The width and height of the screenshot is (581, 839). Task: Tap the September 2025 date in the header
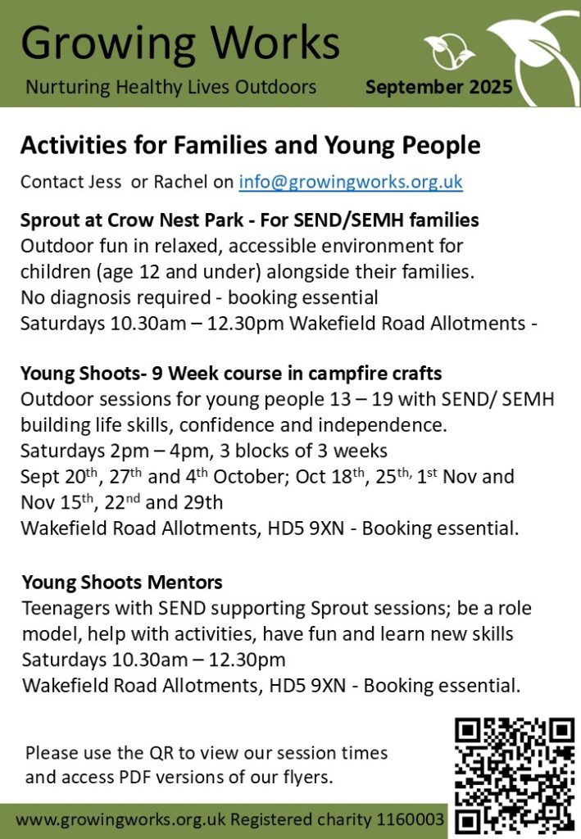point(439,87)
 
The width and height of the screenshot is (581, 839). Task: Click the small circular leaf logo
point(449,51)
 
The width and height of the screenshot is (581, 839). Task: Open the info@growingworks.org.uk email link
point(351,182)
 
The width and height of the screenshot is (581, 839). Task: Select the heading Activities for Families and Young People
point(251,145)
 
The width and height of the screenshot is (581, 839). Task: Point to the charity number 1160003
point(410,819)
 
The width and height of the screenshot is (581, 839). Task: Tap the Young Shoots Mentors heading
point(122,583)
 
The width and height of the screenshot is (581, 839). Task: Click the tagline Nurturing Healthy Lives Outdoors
point(171,87)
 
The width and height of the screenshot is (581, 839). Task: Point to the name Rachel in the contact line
point(180,182)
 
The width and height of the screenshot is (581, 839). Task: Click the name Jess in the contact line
point(104,182)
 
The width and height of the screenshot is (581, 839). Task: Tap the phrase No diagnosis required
point(116,297)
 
